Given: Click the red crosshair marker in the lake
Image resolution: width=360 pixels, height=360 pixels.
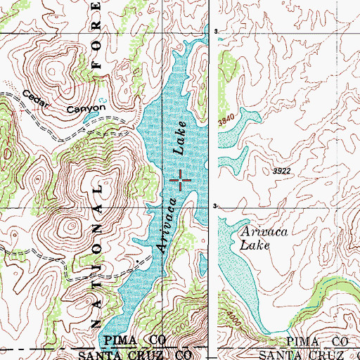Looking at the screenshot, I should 181,181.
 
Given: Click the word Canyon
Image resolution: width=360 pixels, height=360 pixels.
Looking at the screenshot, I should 86,108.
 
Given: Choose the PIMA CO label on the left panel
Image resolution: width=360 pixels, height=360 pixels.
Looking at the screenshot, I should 134,340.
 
